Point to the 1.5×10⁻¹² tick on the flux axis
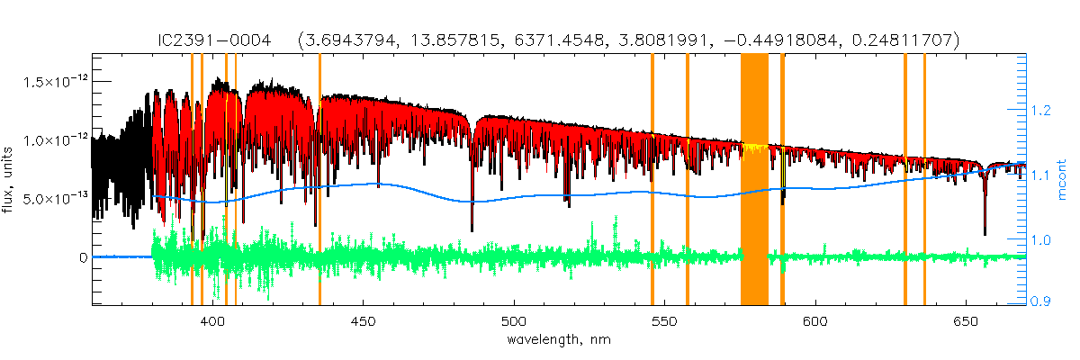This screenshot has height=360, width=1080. click(53, 83)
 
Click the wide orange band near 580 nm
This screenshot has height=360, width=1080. click(754, 180)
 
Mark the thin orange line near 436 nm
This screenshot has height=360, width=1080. click(319, 180)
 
